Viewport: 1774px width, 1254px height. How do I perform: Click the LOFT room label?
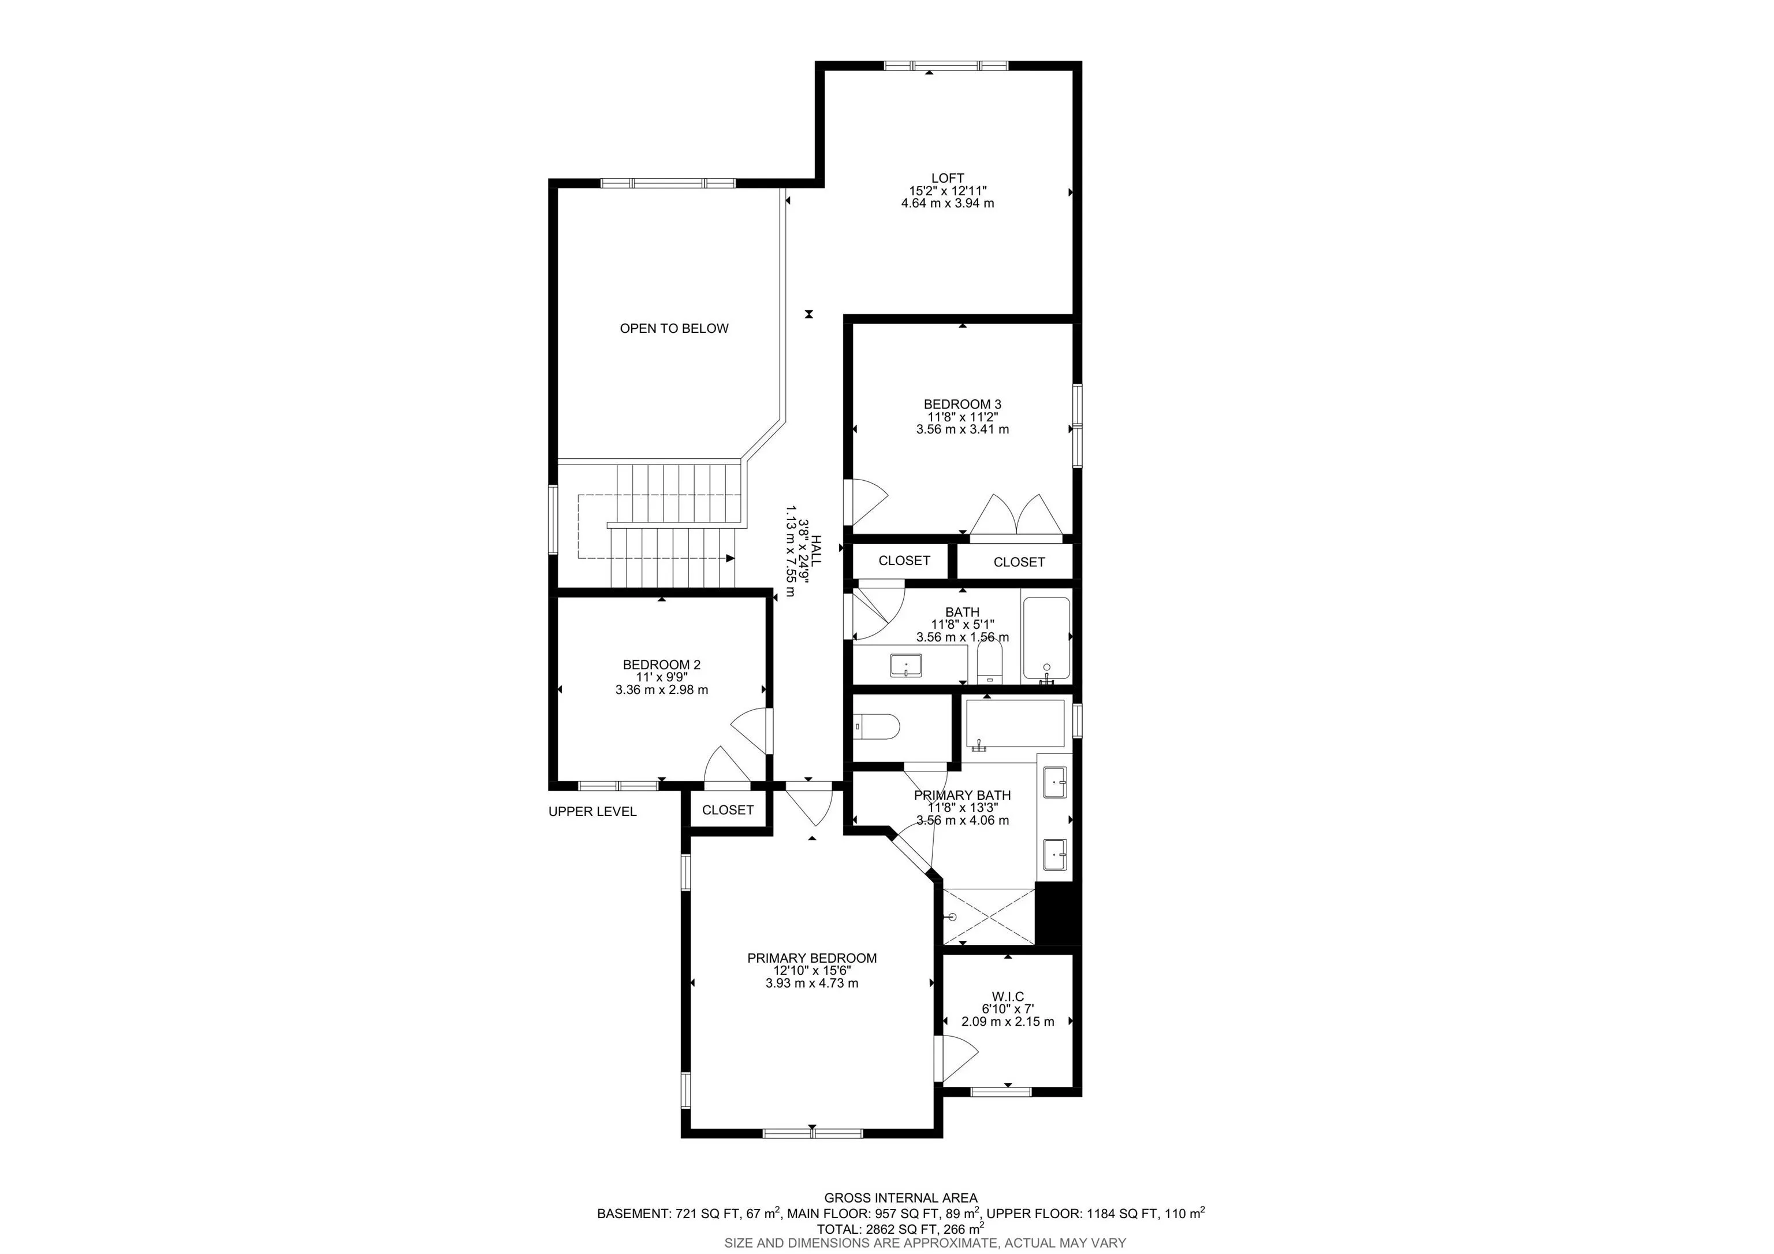point(947,179)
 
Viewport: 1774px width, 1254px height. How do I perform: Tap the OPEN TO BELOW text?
point(674,329)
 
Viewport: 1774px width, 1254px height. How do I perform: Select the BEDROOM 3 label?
point(962,405)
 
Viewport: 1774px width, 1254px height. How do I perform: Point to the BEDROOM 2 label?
point(661,665)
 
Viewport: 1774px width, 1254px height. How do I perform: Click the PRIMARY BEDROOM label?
point(811,958)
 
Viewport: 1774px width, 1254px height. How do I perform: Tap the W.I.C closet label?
point(1008,997)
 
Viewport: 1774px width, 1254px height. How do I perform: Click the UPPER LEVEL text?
point(592,812)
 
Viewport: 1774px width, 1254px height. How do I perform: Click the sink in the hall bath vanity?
point(905,666)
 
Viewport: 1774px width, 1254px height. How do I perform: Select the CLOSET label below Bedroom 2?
point(727,810)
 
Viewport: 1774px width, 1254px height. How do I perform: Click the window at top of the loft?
point(946,66)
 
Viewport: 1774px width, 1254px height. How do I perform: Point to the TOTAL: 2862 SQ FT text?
point(900,1228)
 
